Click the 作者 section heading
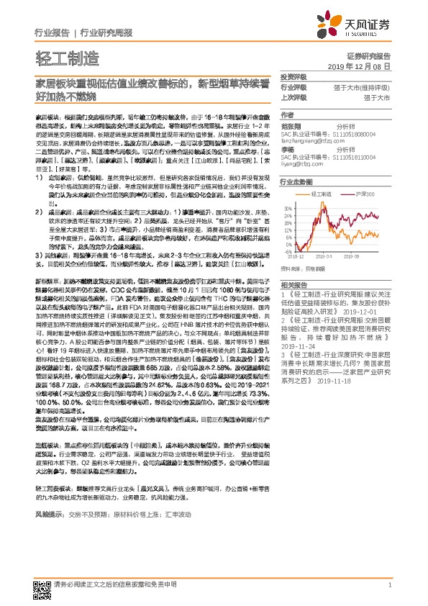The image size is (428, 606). [x=287, y=115]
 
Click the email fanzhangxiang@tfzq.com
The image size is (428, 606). [x=311, y=140]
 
